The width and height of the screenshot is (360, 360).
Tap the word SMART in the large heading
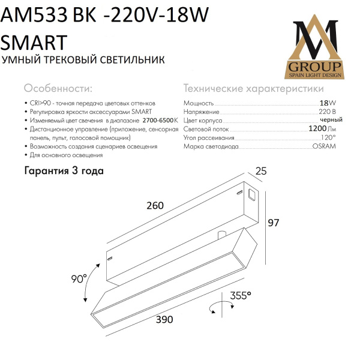[35, 42]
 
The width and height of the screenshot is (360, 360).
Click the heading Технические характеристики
[253, 89]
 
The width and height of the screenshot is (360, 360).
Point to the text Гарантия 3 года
[64, 170]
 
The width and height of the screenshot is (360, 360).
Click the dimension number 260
[155, 206]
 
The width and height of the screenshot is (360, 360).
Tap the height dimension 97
[274, 223]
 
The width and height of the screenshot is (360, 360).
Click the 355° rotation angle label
[240, 295]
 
